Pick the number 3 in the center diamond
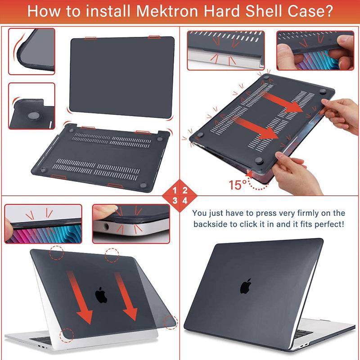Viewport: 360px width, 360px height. coord(175,201)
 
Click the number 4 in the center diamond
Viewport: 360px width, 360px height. coord(185,201)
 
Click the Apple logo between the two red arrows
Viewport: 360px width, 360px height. coord(101,295)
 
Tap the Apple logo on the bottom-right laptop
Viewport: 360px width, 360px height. coord(245,286)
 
